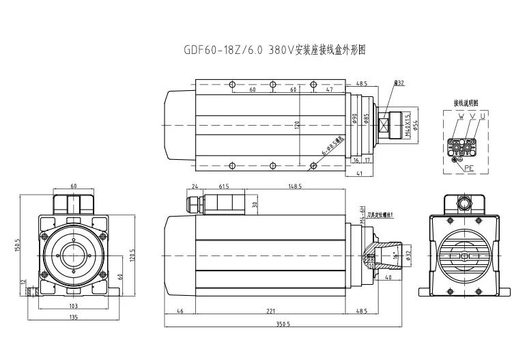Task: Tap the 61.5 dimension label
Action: point(223,185)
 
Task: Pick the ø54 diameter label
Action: point(416,123)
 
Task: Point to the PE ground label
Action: point(469,166)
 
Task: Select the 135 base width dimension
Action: point(73,318)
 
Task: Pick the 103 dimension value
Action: point(73,306)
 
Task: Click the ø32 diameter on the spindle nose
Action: point(408,256)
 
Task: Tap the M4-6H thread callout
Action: point(363,214)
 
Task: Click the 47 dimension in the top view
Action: point(330,89)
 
